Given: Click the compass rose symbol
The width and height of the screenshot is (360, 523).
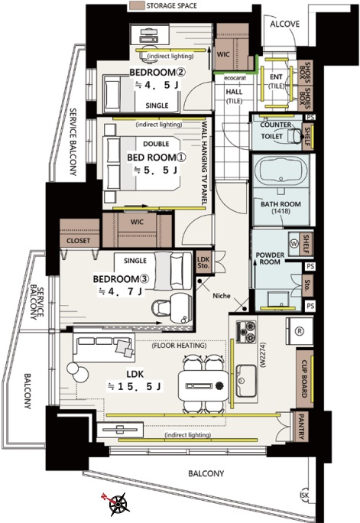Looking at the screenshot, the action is (118, 502).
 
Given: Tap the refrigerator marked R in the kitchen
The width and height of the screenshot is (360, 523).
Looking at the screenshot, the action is (300, 331).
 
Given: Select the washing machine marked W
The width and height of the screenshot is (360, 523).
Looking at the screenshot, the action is (294, 243).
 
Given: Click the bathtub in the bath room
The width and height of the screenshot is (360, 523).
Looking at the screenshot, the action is (281, 171).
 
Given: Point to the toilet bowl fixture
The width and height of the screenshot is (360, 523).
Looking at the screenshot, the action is (294, 136).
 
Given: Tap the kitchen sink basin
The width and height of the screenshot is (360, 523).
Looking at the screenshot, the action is (246, 380).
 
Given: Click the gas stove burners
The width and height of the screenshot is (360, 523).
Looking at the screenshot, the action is (246, 331).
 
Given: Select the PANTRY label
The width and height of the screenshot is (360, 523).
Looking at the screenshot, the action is (301, 427).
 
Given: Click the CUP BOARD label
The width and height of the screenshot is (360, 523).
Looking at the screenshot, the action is (304, 379).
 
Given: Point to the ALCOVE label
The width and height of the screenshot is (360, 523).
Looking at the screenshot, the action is (284, 24).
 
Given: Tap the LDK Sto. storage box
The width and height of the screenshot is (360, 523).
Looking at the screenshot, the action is (203, 262).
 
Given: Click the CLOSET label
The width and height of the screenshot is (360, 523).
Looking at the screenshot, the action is (78, 241).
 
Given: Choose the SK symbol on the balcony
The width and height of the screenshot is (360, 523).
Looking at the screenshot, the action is (305, 495).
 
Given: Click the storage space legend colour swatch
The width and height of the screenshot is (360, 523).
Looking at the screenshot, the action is (137, 5).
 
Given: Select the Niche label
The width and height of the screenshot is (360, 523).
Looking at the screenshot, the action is (222, 295).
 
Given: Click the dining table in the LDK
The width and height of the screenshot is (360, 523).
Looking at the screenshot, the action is (203, 386).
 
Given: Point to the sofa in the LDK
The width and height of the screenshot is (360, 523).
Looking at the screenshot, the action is (104, 347).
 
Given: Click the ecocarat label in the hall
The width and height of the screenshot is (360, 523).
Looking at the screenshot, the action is (235, 78).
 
